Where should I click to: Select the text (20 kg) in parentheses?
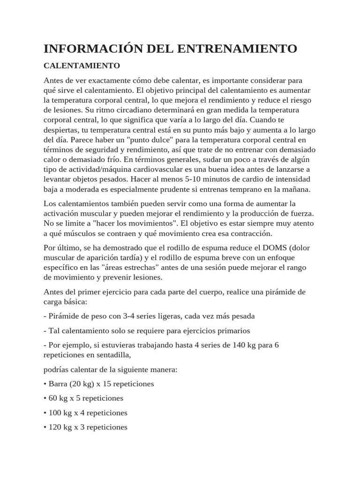83,383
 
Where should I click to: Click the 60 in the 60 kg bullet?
53,398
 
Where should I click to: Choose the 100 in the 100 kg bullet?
55,413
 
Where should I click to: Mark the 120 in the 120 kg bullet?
55,427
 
